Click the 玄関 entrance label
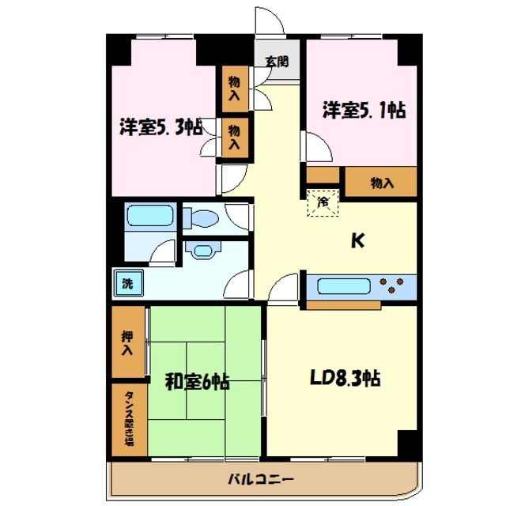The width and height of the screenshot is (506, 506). point(277,61)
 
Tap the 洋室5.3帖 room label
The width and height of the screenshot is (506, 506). point(161,126)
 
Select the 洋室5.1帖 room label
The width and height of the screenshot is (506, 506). point(363,110)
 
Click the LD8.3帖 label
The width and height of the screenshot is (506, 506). point(344,378)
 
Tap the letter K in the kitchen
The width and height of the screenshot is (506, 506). point(358,243)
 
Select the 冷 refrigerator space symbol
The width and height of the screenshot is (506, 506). point(323,202)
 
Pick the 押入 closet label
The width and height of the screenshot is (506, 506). point(127,342)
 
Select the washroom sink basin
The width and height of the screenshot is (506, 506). point(205,251)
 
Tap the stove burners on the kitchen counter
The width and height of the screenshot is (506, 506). point(395,284)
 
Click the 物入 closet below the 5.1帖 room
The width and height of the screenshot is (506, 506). point(381,183)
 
